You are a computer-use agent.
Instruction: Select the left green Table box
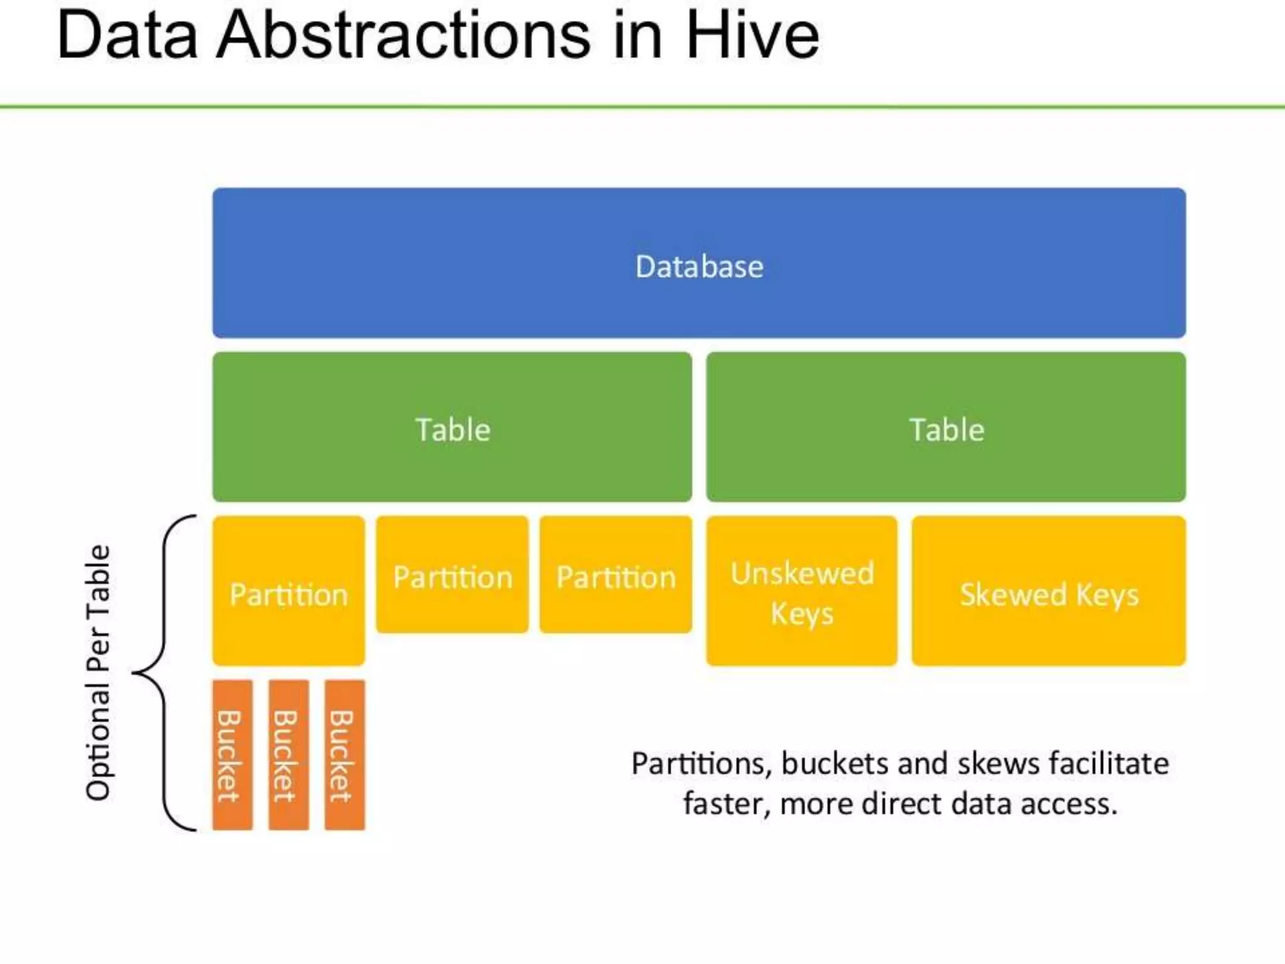[x=452, y=427]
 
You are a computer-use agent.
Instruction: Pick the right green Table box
[x=946, y=427]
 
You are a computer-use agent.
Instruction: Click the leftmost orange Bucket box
[x=233, y=755]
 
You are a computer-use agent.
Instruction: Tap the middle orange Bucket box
[x=289, y=755]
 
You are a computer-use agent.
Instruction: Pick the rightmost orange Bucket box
[x=344, y=755]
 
